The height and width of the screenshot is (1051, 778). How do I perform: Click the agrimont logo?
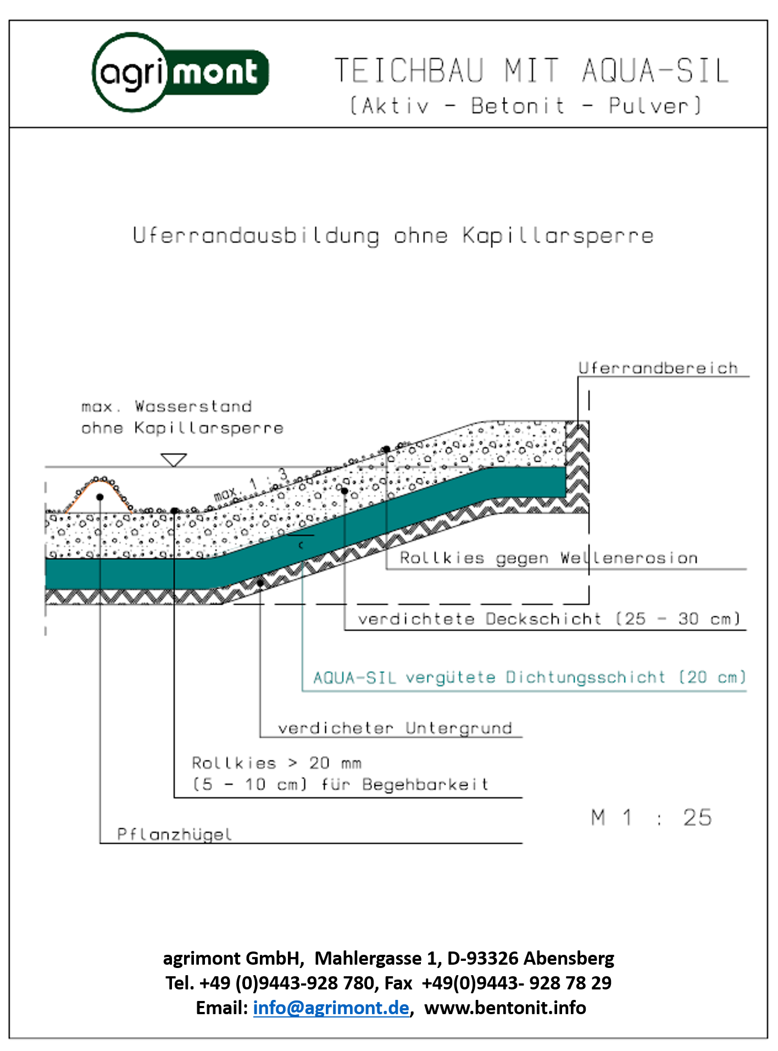(180, 73)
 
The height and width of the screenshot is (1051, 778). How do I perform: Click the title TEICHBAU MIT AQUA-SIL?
(531, 71)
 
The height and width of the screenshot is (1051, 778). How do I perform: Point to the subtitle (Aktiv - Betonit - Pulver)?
(526, 106)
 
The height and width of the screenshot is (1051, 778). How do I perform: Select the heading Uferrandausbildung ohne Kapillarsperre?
(393, 236)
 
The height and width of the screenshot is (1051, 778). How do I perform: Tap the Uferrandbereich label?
(658, 368)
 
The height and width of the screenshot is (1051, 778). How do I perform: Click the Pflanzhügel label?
(174, 834)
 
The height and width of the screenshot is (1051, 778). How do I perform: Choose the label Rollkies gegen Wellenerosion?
(548, 558)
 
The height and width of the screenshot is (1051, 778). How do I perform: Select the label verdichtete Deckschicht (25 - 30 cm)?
(548, 619)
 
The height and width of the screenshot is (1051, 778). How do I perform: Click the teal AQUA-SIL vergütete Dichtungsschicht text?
(529, 678)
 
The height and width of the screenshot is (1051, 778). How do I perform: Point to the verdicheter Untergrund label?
(394, 728)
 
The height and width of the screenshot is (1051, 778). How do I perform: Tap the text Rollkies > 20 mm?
(276, 763)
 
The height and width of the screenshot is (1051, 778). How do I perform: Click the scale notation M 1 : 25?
(651, 818)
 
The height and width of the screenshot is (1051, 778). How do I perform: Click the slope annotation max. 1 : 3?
(251, 485)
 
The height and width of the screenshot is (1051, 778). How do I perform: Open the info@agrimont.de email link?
(331, 1008)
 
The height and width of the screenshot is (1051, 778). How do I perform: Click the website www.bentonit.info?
(505, 1008)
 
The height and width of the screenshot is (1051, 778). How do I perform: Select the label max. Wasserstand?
(166, 407)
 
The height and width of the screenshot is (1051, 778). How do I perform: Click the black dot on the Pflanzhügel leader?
(100, 497)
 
